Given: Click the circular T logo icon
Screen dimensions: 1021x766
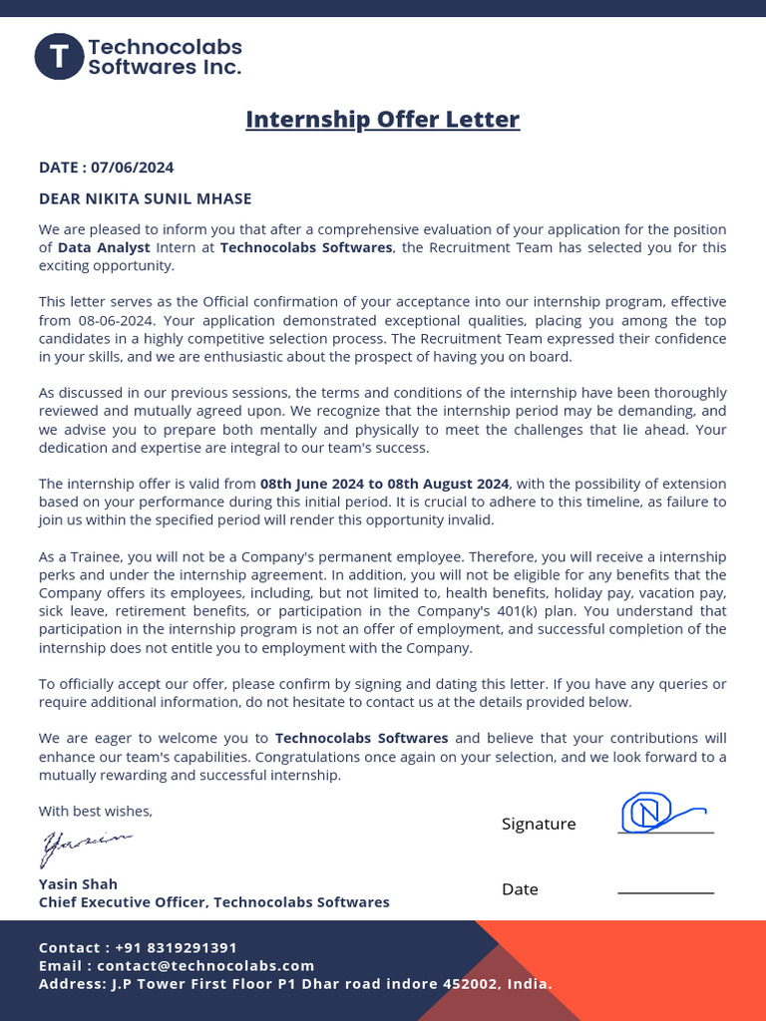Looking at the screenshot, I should (x=59, y=57).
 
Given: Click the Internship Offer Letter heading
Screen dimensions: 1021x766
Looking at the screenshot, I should (x=382, y=120).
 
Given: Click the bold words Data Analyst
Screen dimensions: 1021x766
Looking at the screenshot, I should (x=104, y=247).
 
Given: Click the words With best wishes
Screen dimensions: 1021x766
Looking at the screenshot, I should (x=96, y=811).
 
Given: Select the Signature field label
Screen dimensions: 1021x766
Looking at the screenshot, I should (x=539, y=824).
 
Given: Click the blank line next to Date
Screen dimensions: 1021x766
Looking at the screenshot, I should (x=665, y=892).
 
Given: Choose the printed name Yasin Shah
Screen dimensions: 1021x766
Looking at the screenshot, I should (x=78, y=883).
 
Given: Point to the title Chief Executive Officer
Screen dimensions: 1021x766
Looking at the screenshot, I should (x=122, y=902).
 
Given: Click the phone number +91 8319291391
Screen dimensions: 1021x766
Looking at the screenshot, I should (x=176, y=947).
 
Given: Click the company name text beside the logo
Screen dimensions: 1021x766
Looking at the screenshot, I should (x=165, y=57).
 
